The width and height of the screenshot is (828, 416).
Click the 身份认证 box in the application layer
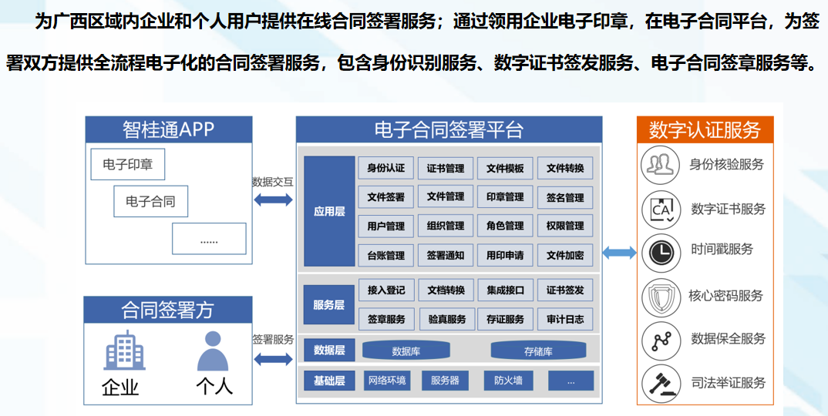(385, 168)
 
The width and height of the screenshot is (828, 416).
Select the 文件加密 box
(565, 255)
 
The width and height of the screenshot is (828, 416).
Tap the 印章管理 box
(505, 197)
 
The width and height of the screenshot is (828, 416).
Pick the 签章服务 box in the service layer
(385, 319)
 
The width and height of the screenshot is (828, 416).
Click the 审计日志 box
(565, 319)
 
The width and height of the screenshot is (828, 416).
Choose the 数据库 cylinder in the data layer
(406, 351)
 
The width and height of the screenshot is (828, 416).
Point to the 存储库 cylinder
(538, 351)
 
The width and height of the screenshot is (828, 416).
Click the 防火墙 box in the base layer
(508, 381)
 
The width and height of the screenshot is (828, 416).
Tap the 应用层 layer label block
(329, 211)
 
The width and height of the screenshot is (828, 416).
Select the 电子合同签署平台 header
(449, 129)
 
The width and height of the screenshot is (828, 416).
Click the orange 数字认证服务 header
(705, 129)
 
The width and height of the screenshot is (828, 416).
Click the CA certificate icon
(661, 209)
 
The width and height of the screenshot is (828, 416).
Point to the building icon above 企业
(124, 351)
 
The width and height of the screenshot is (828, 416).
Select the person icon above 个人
(213, 352)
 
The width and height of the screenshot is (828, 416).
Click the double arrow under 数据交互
(273, 200)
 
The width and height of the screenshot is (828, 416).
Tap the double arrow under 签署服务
(273, 359)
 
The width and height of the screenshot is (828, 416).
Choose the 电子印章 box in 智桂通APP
(128, 164)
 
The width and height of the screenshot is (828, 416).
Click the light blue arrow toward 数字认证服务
(619, 253)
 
